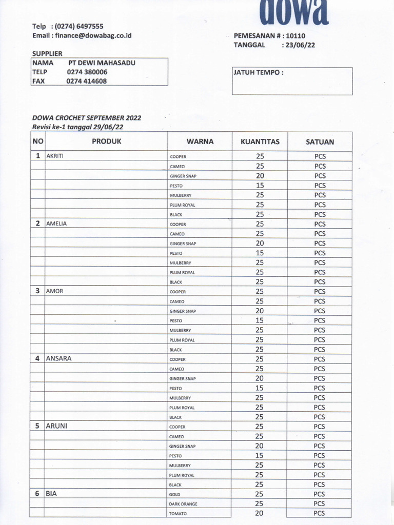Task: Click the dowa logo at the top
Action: tap(293, 11)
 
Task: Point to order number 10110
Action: tap(295, 36)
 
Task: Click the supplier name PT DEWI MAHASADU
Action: tap(102, 63)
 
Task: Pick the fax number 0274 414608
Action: tap(87, 81)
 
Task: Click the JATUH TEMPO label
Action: tap(259, 72)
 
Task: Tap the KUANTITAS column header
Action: tap(260, 142)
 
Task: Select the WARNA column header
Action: tap(200, 142)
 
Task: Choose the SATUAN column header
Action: tap(320, 142)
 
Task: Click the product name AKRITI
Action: tap(55, 156)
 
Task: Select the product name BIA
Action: tap(51, 494)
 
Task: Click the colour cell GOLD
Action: tap(174, 495)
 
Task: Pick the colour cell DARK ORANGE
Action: tap(183, 504)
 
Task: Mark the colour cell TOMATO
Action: tap(178, 514)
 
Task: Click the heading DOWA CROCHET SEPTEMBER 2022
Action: tap(86, 118)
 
